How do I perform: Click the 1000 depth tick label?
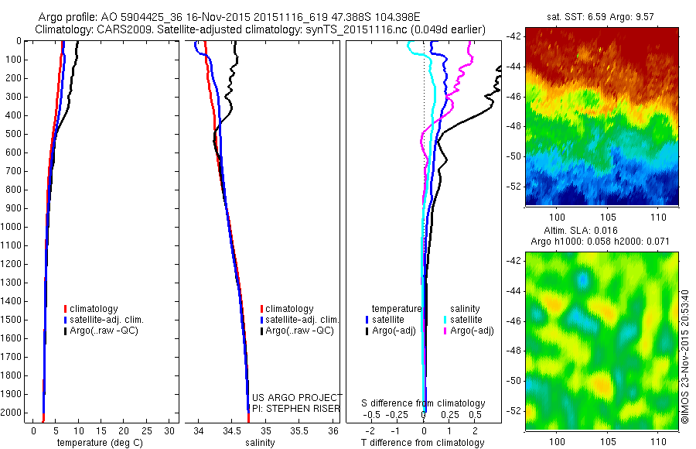click(x=15, y=227)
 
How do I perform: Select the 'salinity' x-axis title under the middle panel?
click(x=261, y=443)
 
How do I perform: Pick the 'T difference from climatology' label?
click(x=422, y=443)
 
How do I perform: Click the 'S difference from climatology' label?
click(x=423, y=403)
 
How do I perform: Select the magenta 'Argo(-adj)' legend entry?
click(x=470, y=331)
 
